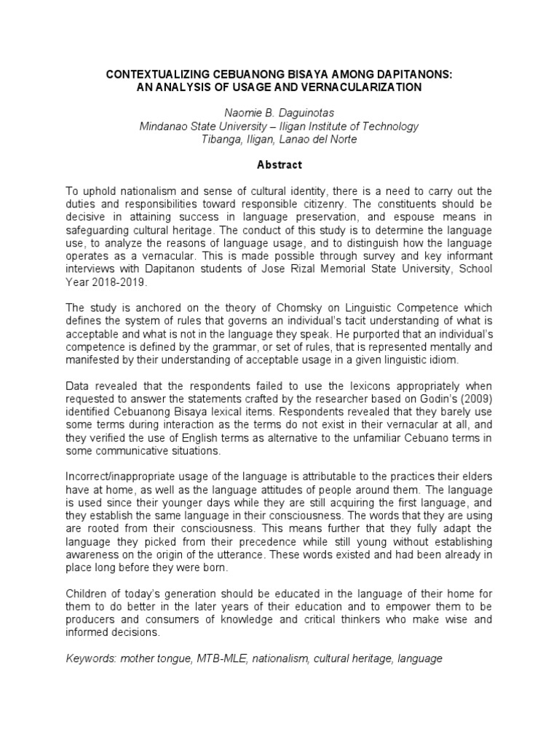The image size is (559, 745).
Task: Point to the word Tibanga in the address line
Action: click(221, 139)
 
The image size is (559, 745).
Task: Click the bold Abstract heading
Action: click(279, 165)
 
